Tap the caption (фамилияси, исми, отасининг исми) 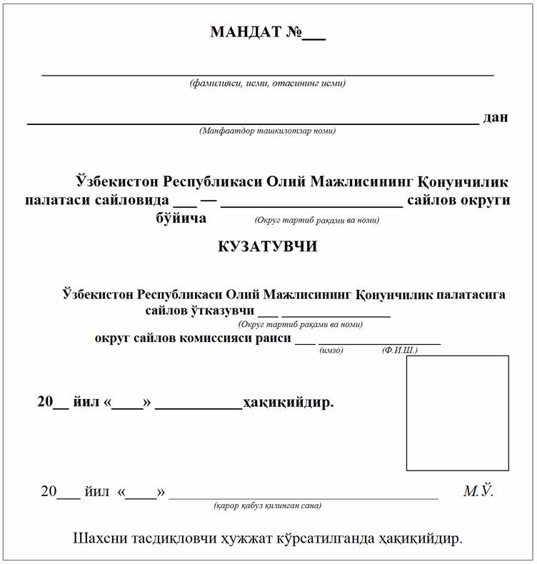pyautogui.click(x=268, y=84)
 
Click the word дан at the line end pyautogui.click(x=496, y=117)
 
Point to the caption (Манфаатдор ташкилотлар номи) pyautogui.click(x=268, y=131)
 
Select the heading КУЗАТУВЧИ pyautogui.click(x=268, y=247)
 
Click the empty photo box pyautogui.click(x=457, y=413)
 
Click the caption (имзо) pyautogui.click(x=332, y=351)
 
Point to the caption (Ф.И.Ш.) pyautogui.click(x=400, y=351)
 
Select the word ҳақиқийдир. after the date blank pyautogui.click(x=288, y=403)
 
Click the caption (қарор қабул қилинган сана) pyautogui.click(x=268, y=505)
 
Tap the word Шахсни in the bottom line pyautogui.click(x=100, y=538)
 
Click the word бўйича pyautogui.click(x=181, y=218)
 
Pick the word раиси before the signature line pyautogui.click(x=273, y=338)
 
